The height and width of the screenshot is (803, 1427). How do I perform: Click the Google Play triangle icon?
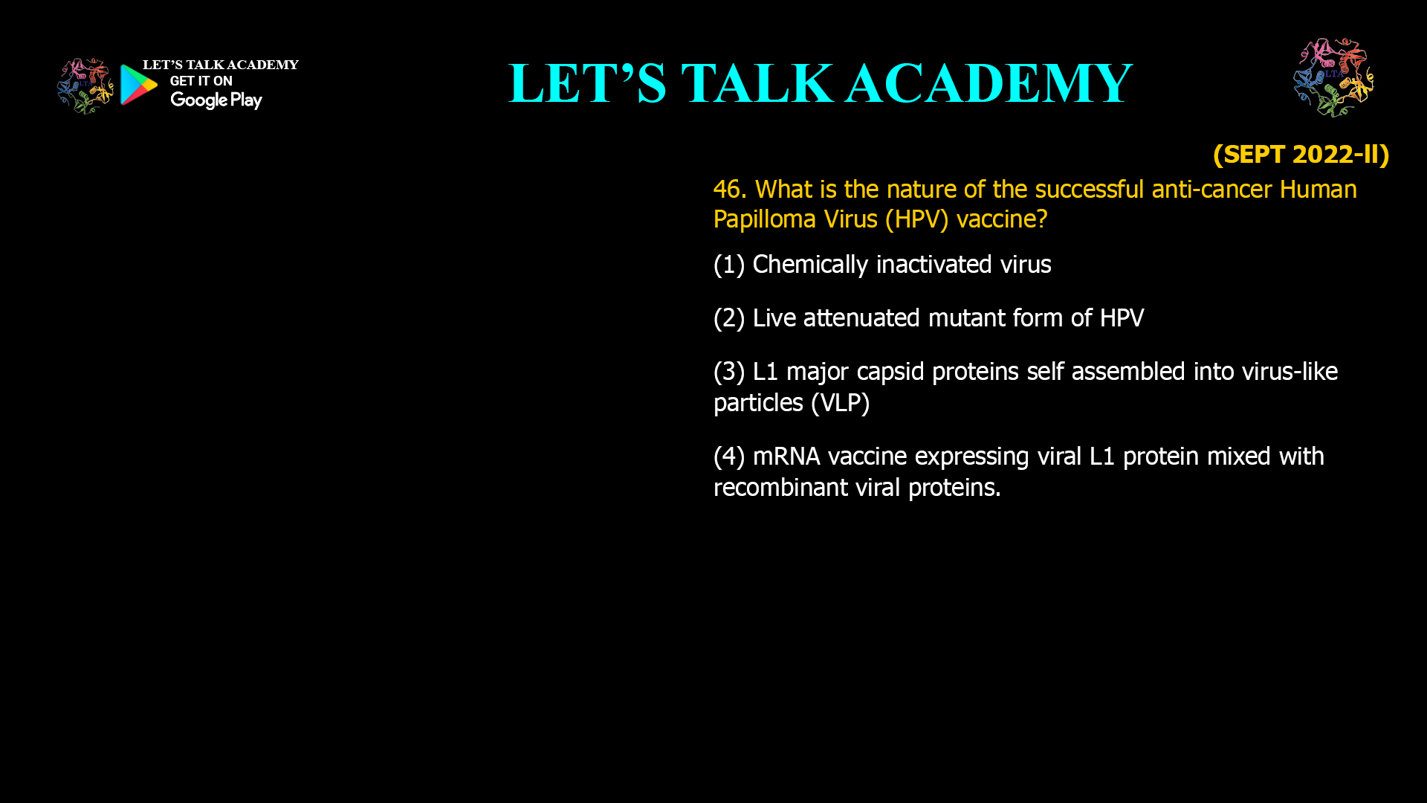(138, 85)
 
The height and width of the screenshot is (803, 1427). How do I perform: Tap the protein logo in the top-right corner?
(1333, 77)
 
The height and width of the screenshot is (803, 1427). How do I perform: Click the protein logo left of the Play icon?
(85, 86)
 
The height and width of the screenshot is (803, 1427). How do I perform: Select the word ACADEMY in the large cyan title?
(988, 83)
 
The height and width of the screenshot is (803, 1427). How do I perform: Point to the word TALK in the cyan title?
(757, 83)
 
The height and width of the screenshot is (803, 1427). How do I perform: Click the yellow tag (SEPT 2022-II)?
(1301, 154)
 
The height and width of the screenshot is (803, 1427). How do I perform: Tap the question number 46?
(729, 190)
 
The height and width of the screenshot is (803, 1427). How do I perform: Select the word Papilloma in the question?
(766, 219)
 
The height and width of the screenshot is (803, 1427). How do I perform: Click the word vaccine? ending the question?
(1002, 219)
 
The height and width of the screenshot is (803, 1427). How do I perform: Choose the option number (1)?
(729, 265)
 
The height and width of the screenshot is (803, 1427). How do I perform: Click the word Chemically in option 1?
(810, 265)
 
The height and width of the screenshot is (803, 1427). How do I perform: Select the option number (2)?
(729, 318)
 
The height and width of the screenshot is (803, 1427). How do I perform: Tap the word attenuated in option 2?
(861, 318)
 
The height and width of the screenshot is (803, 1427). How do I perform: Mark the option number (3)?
(729, 372)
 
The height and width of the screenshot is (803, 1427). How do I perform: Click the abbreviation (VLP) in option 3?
(840, 403)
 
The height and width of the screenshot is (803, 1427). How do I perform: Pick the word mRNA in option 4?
(786, 457)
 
